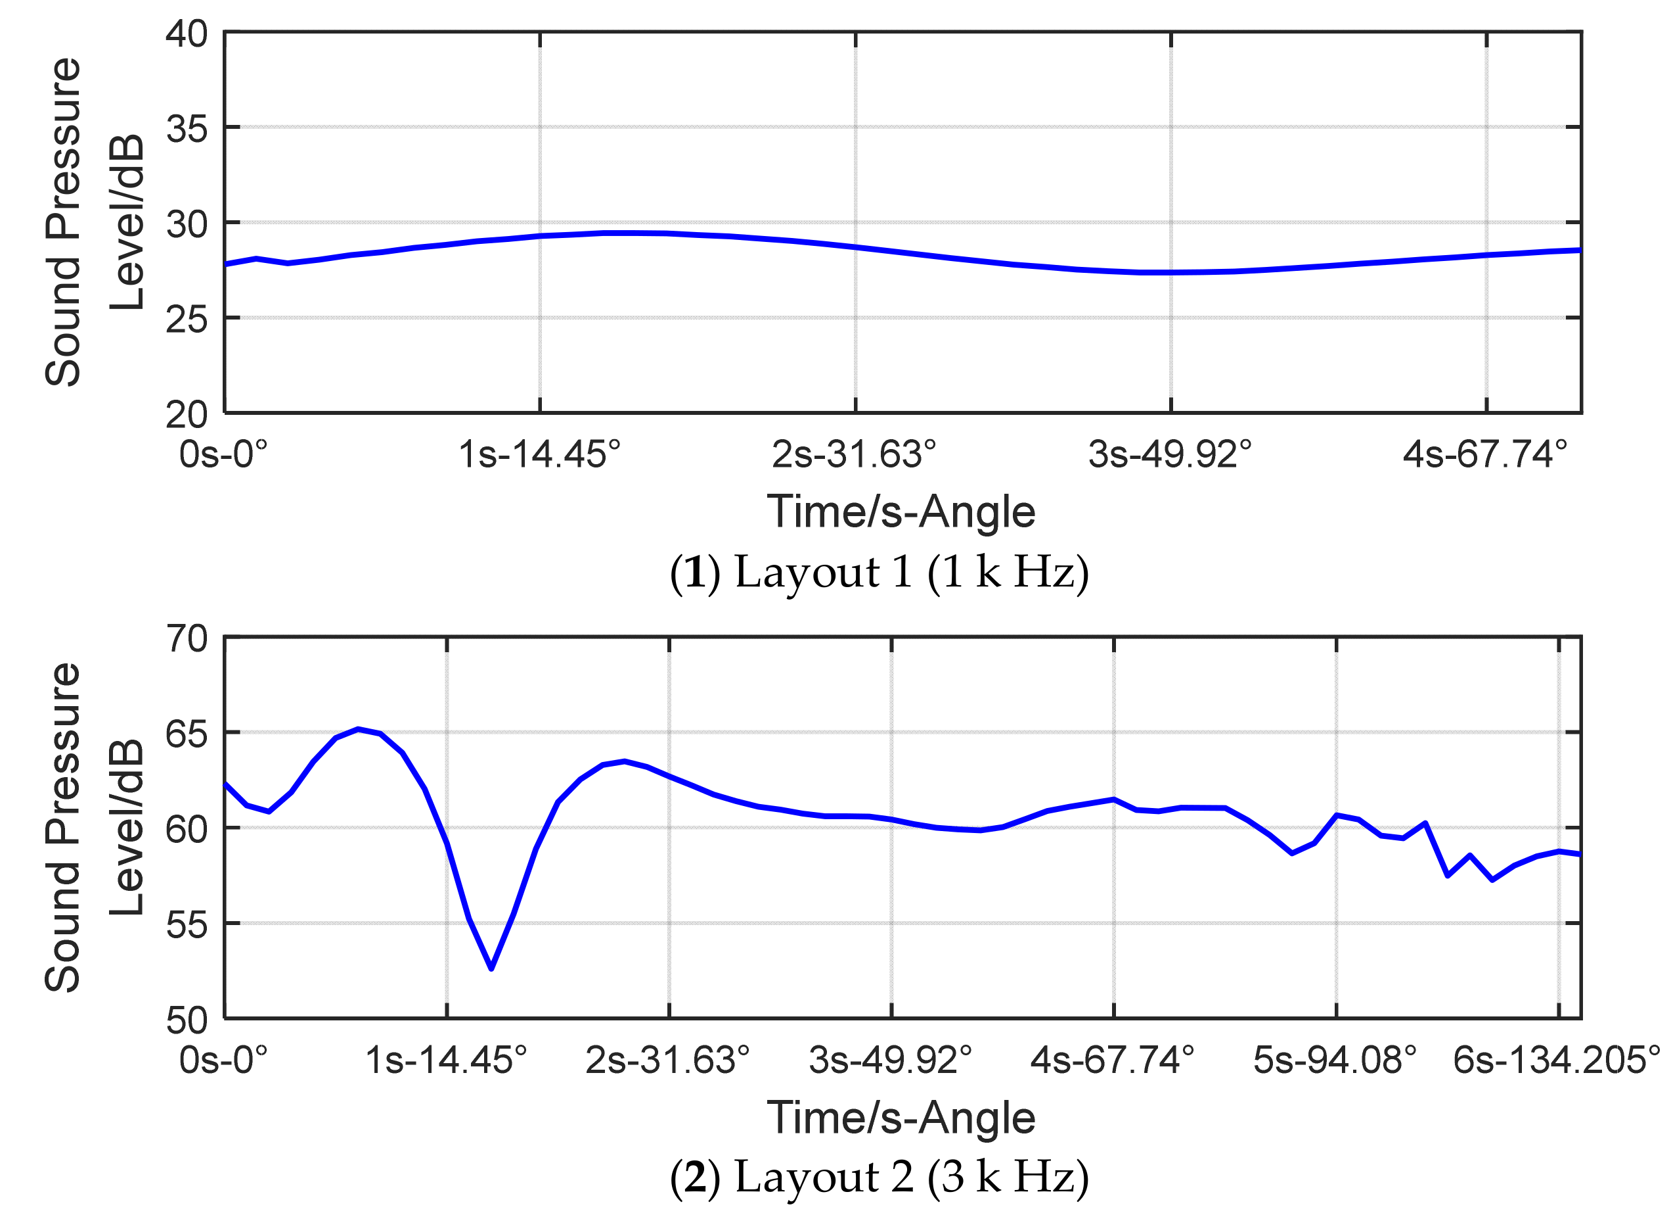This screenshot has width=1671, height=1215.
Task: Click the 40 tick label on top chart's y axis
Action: click(x=186, y=35)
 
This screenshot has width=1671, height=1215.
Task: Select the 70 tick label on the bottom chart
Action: click(x=186, y=639)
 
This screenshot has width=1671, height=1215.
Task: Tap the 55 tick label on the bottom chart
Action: click(x=186, y=925)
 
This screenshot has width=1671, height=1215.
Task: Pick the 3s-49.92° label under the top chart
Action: click(x=1170, y=455)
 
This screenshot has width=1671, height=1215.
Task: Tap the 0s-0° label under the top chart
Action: click(x=223, y=455)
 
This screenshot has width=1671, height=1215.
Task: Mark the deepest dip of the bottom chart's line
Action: click(x=491, y=968)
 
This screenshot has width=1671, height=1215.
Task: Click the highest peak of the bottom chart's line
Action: click(x=358, y=729)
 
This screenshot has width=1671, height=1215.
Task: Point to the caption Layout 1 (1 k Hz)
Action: click(x=878, y=572)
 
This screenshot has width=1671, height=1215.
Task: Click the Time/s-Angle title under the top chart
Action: click(x=901, y=512)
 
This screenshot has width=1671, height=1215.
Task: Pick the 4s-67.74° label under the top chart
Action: click(x=1484, y=455)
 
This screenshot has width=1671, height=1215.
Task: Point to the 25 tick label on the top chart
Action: click(x=186, y=321)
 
